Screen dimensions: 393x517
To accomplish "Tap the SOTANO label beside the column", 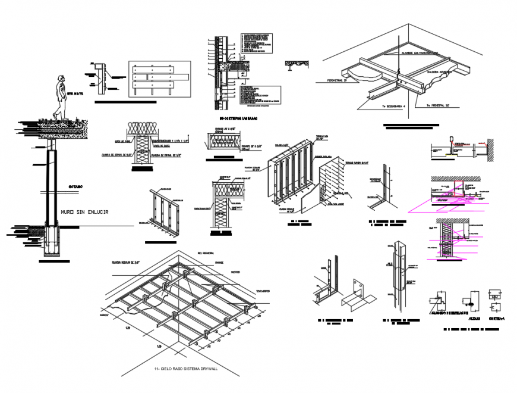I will click(x=74, y=187).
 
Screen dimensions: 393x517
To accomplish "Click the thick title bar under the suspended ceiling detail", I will click(x=411, y=126).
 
